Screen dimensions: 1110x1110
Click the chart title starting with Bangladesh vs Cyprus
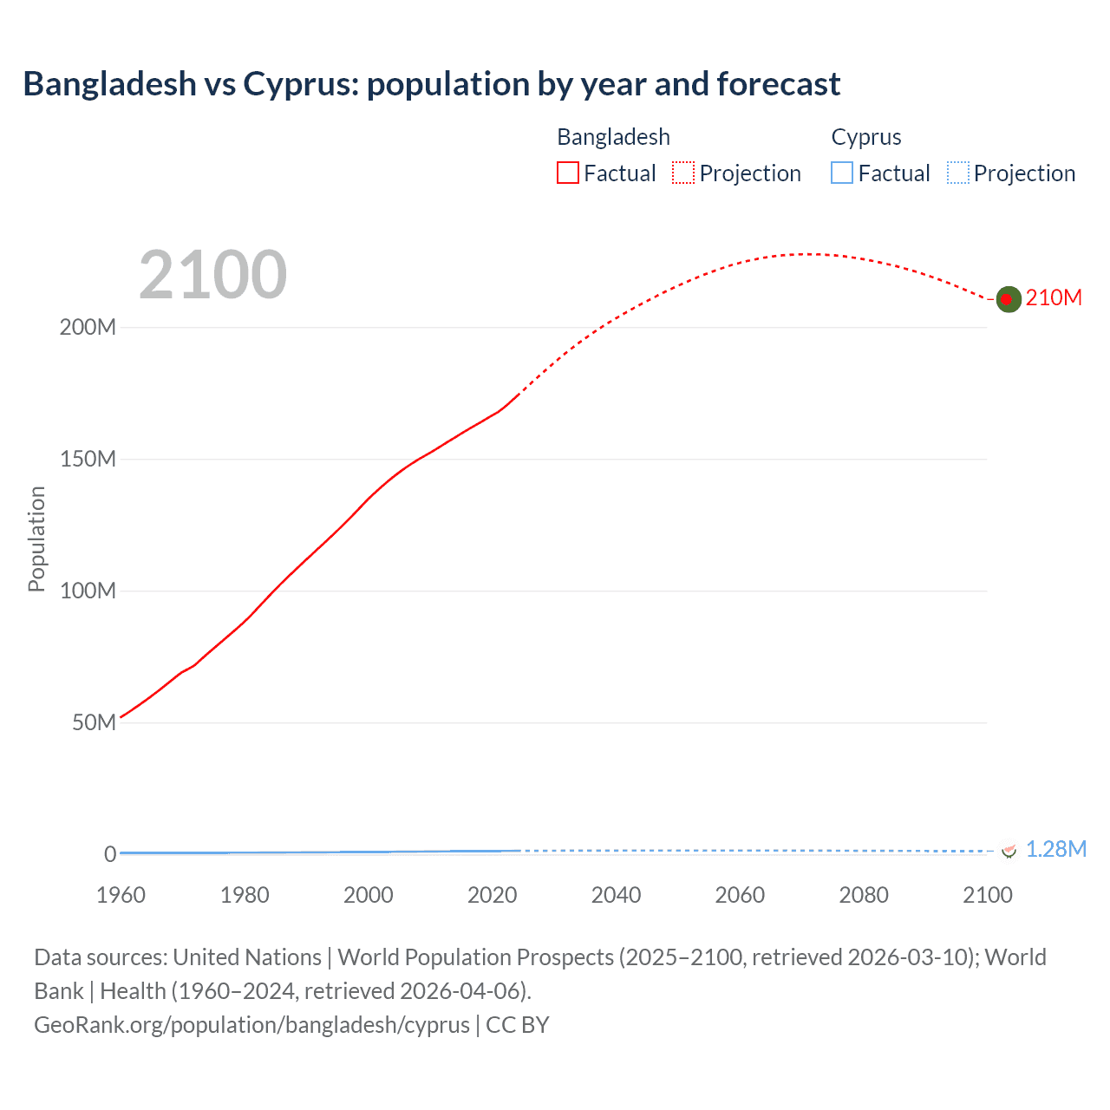[x=431, y=84]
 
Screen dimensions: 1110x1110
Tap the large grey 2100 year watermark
[x=212, y=275]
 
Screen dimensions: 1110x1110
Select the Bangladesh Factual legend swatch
[x=567, y=173]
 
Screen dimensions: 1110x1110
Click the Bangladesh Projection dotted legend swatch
[x=683, y=173]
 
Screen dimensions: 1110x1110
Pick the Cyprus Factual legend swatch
[x=842, y=173]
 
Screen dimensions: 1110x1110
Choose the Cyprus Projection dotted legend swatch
[x=958, y=173]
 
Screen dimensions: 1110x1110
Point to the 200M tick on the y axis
[x=88, y=328]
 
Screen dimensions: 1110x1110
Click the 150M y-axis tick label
[x=88, y=460]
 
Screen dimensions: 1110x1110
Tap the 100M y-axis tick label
[x=88, y=591]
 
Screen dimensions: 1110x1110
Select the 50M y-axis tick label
[x=94, y=723]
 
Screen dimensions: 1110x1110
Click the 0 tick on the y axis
[x=110, y=854]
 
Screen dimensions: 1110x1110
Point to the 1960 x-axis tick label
[x=121, y=895]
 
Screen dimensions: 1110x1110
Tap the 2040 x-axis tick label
[x=616, y=895]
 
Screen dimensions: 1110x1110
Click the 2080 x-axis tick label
[x=864, y=895]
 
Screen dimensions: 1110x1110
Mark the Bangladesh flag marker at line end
[x=1008, y=299]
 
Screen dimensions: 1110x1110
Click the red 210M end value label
[x=1054, y=298]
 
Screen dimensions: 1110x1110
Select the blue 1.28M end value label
[x=1055, y=849]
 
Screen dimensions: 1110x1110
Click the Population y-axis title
[x=36, y=539]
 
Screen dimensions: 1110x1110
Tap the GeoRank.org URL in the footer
[x=251, y=1025]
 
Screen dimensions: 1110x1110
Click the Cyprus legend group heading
[x=865, y=137]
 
